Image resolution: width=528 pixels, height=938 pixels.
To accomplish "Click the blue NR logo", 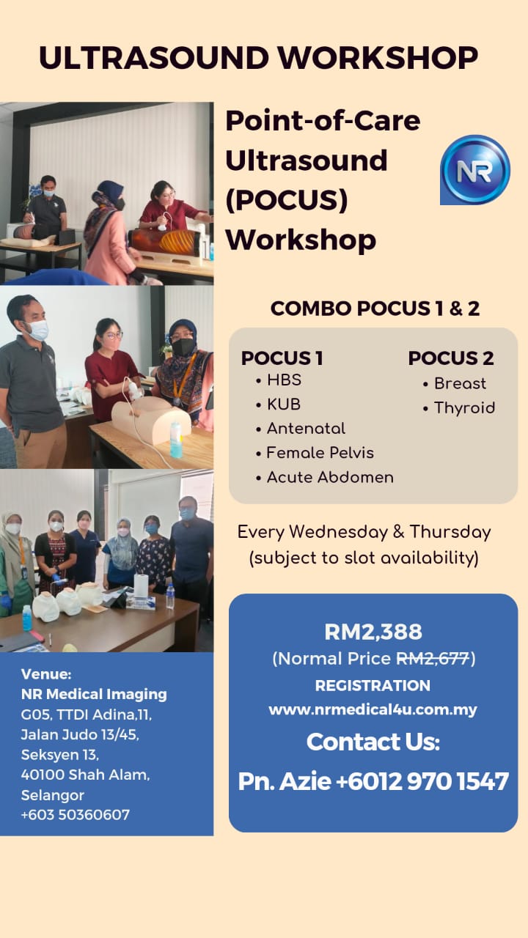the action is pos(475,169).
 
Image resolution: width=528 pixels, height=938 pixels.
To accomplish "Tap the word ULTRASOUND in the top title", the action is pos(154,57).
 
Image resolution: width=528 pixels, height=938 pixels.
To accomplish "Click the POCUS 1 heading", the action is pos(282,358).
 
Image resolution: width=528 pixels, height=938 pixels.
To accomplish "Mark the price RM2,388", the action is pos(373,632).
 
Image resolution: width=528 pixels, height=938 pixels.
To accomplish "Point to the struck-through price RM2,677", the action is pos(433,659).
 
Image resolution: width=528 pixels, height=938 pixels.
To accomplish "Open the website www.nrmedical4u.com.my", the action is pos(373,710).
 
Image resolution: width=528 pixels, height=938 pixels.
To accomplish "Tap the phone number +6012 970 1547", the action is pos(422,781).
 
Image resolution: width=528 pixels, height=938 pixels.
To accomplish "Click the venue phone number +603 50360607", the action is pos(76,814).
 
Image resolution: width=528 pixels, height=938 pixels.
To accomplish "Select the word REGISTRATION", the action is pos(373,685).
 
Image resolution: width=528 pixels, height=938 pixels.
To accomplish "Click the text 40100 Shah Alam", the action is pos(86,775).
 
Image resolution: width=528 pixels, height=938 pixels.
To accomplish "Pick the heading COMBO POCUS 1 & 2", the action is pos(375,309).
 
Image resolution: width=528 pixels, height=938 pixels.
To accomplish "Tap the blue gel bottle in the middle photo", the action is pos(176,440).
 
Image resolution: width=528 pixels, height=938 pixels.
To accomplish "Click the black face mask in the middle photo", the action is pos(183,347).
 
